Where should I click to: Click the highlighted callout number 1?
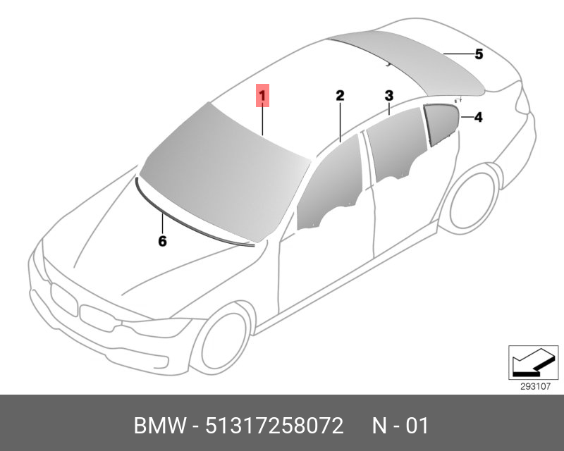[262, 96]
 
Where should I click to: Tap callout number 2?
[340, 96]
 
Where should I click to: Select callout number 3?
[389, 96]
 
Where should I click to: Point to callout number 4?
[478, 117]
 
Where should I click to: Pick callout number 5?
[479, 54]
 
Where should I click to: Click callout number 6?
[162, 241]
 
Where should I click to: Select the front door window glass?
[329, 183]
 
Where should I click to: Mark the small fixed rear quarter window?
[441, 123]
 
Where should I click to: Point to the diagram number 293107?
[536, 387]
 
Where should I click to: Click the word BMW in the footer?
[161, 426]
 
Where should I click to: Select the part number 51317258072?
[274, 426]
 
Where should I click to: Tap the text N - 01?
[400, 426]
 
